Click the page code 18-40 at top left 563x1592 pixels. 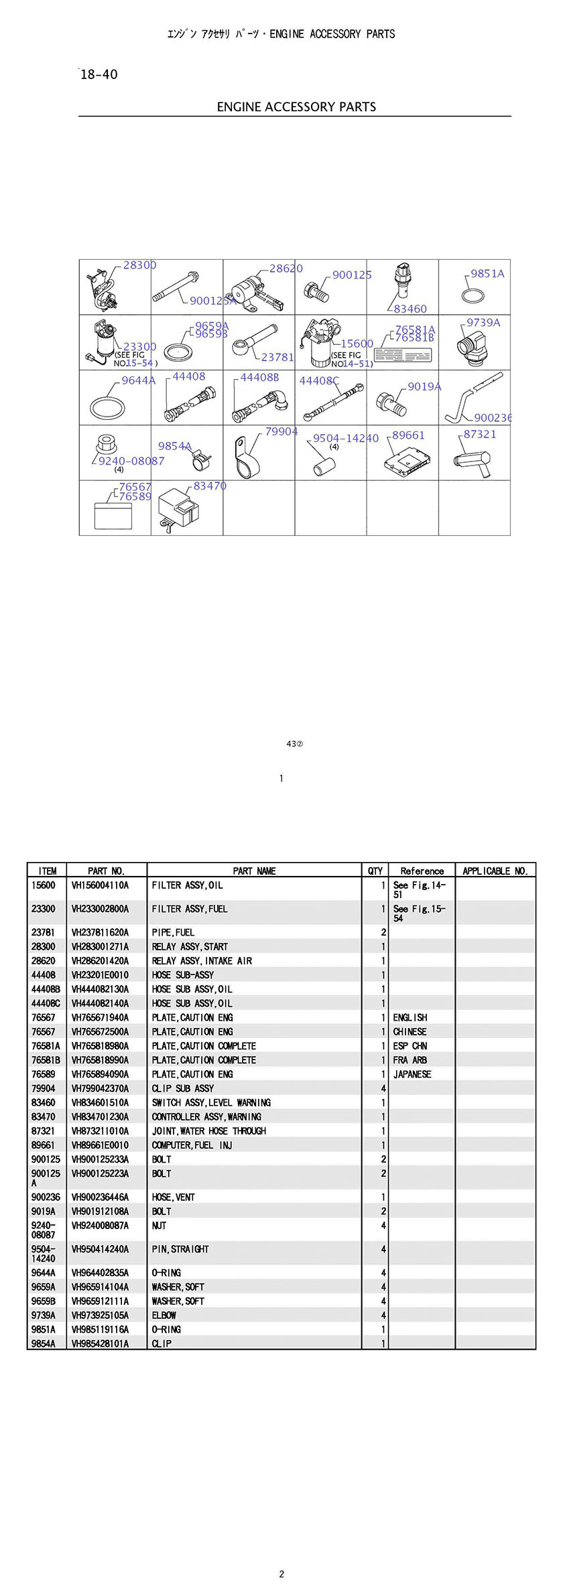pyautogui.click(x=99, y=74)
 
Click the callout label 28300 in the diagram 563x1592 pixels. pyautogui.click(x=139, y=265)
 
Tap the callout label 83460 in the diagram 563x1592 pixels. pyautogui.click(x=410, y=309)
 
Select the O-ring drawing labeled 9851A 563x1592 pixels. pyautogui.click(x=474, y=295)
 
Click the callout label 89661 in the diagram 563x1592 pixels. pyautogui.click(x=408, y=435)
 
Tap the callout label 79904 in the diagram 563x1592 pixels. pyautogui.click(x=281, y=432)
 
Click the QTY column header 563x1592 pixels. pyautogui.click(x=375, y=871)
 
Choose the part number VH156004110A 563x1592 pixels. pyautogui.click(x=100, y=885)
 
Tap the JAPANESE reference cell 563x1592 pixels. pyautogui.click(x=412, y=1074)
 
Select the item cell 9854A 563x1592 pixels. pyautogui.click(x=44, y=1344)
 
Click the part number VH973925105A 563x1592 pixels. pyautogui.click(x=100, y=1315)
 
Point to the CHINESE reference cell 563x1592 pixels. pyautogui.click(x=410, y=1032)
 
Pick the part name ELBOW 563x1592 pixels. pyautogui.click(x=164, y=1315)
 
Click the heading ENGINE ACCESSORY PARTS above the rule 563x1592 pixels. pyautogui.click(x=296, y=106)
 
